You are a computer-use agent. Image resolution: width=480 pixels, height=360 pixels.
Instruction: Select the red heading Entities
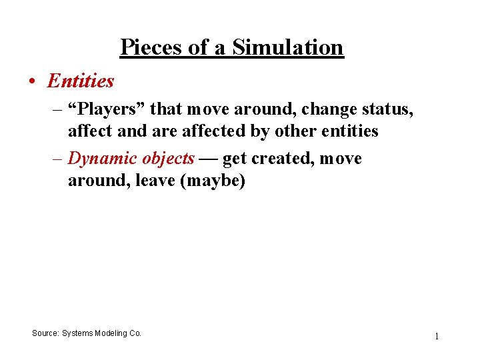point(81,81)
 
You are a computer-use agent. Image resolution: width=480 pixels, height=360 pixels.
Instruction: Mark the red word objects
point(168,159)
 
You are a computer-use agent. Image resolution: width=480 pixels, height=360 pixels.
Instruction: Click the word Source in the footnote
point(45,333)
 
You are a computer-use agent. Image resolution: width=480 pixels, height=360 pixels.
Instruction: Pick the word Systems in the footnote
point(77,333)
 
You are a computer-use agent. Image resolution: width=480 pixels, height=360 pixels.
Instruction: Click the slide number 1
point(437,336)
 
